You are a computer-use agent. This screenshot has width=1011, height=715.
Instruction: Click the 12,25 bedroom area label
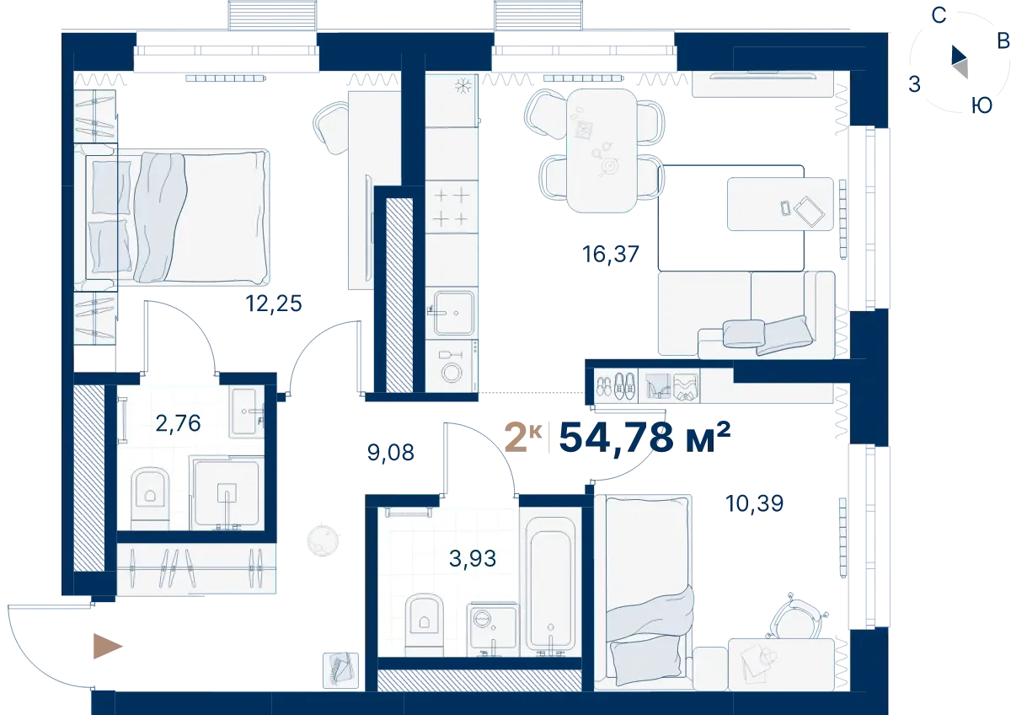[274, 304]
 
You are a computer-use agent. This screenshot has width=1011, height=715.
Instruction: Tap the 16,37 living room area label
[611, 255]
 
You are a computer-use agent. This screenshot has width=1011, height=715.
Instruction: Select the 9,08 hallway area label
[390, 453]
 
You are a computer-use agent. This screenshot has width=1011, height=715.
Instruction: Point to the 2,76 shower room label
[178, 423]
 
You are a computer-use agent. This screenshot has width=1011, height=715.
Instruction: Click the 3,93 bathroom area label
[473, 559]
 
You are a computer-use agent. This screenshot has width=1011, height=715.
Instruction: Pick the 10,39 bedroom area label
[754, 503]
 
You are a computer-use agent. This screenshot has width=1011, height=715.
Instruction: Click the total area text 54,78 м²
[645, 438]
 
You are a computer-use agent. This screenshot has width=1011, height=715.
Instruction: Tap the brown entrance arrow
[108, 647]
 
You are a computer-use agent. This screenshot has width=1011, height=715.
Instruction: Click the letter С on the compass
[939, 16]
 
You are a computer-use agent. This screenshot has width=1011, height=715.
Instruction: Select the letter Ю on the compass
[982, 105]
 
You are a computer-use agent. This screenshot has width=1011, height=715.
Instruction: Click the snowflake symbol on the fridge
[463, 86]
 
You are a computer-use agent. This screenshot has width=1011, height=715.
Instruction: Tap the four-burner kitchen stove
[452, 207]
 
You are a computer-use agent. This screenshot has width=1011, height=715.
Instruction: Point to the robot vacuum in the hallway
[323, 539]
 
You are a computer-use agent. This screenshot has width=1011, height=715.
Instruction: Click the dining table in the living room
[602, 150]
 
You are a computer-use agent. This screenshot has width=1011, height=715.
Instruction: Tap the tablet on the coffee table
[809, 212]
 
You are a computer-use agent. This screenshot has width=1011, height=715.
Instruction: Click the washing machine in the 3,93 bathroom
[493, 628]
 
